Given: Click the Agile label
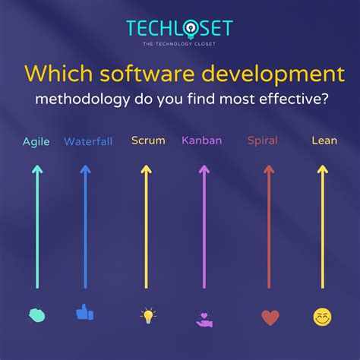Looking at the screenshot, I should (x=36, y=141).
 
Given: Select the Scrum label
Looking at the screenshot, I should (x=148, y=141).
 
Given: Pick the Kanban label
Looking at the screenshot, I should (x=202, y=141).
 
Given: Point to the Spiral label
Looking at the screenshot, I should (x=263, y=141).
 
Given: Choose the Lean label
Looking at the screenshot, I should (x=324, y=141).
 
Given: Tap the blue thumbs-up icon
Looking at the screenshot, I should (x=84, y=312).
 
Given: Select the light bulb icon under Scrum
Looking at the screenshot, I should (x=148, y=315).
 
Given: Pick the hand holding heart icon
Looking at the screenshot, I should (x=204, y=318).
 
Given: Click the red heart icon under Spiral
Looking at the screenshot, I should (x=270, y=317).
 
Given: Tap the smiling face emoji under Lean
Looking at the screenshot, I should (x=323, y=317).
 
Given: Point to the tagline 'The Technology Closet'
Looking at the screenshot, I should (x=179, y=46).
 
